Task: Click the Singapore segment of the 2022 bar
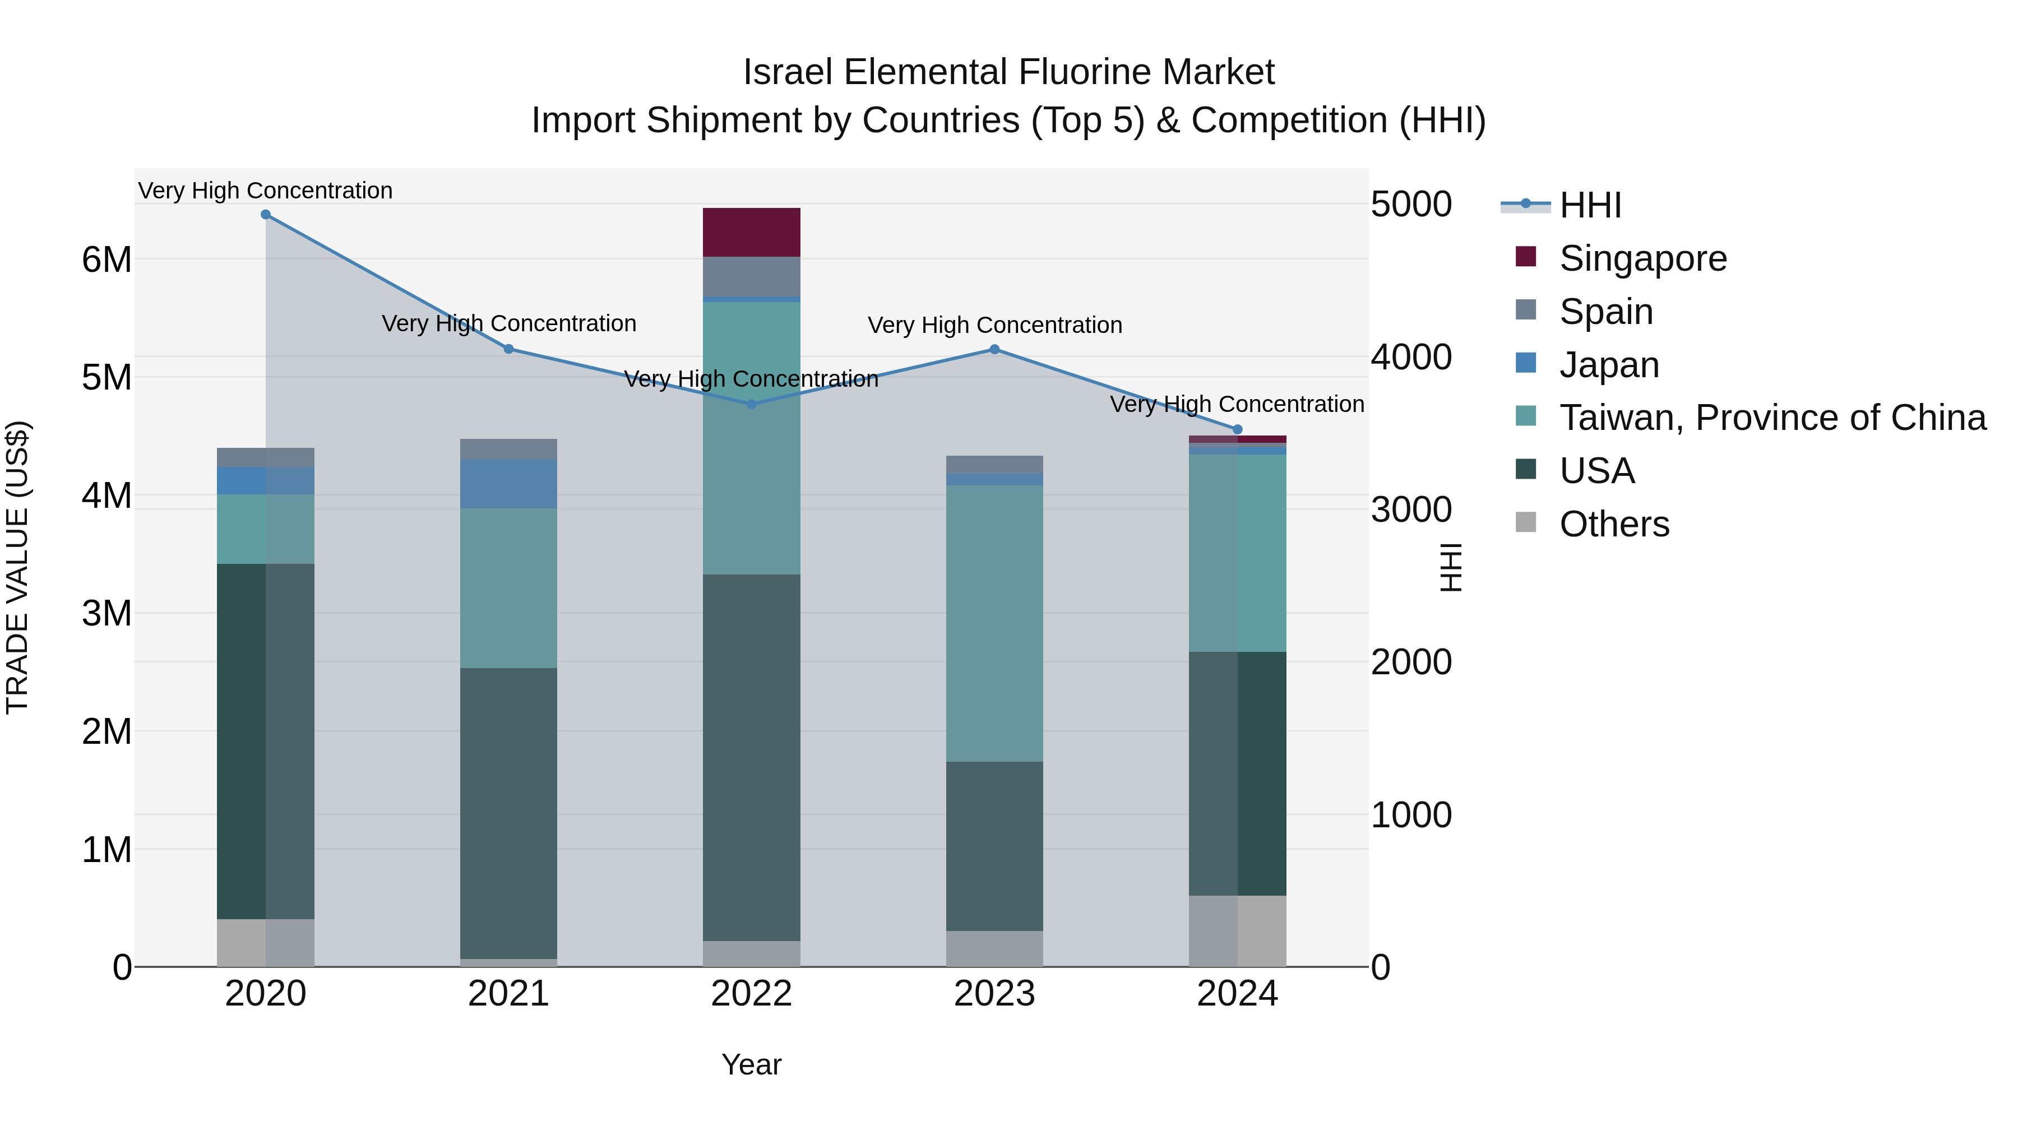tap(751, 233)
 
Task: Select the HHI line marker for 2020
tap(266, 215)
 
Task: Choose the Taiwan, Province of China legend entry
tap(1772, 418)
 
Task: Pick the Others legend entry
tap(1614, 524)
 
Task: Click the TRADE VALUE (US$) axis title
tap(17, 567)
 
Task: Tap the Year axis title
tap(751, 1064)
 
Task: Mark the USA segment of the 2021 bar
tap(508, 813)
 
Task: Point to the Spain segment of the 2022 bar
tap(751, 276)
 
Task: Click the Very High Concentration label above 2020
tap(266, 191)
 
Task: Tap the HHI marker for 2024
tap(1238, 429)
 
